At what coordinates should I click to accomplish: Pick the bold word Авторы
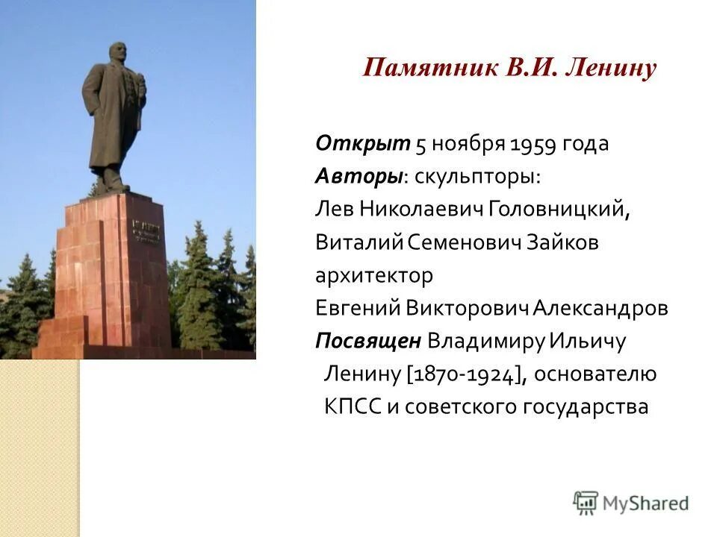tap(359, 177)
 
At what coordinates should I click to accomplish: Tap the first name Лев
tap(332, 210)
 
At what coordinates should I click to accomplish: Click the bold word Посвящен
tap(367, 341)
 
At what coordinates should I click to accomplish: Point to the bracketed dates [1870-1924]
tap(463, 374)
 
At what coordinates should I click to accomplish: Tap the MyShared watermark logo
tap(631, 502)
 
